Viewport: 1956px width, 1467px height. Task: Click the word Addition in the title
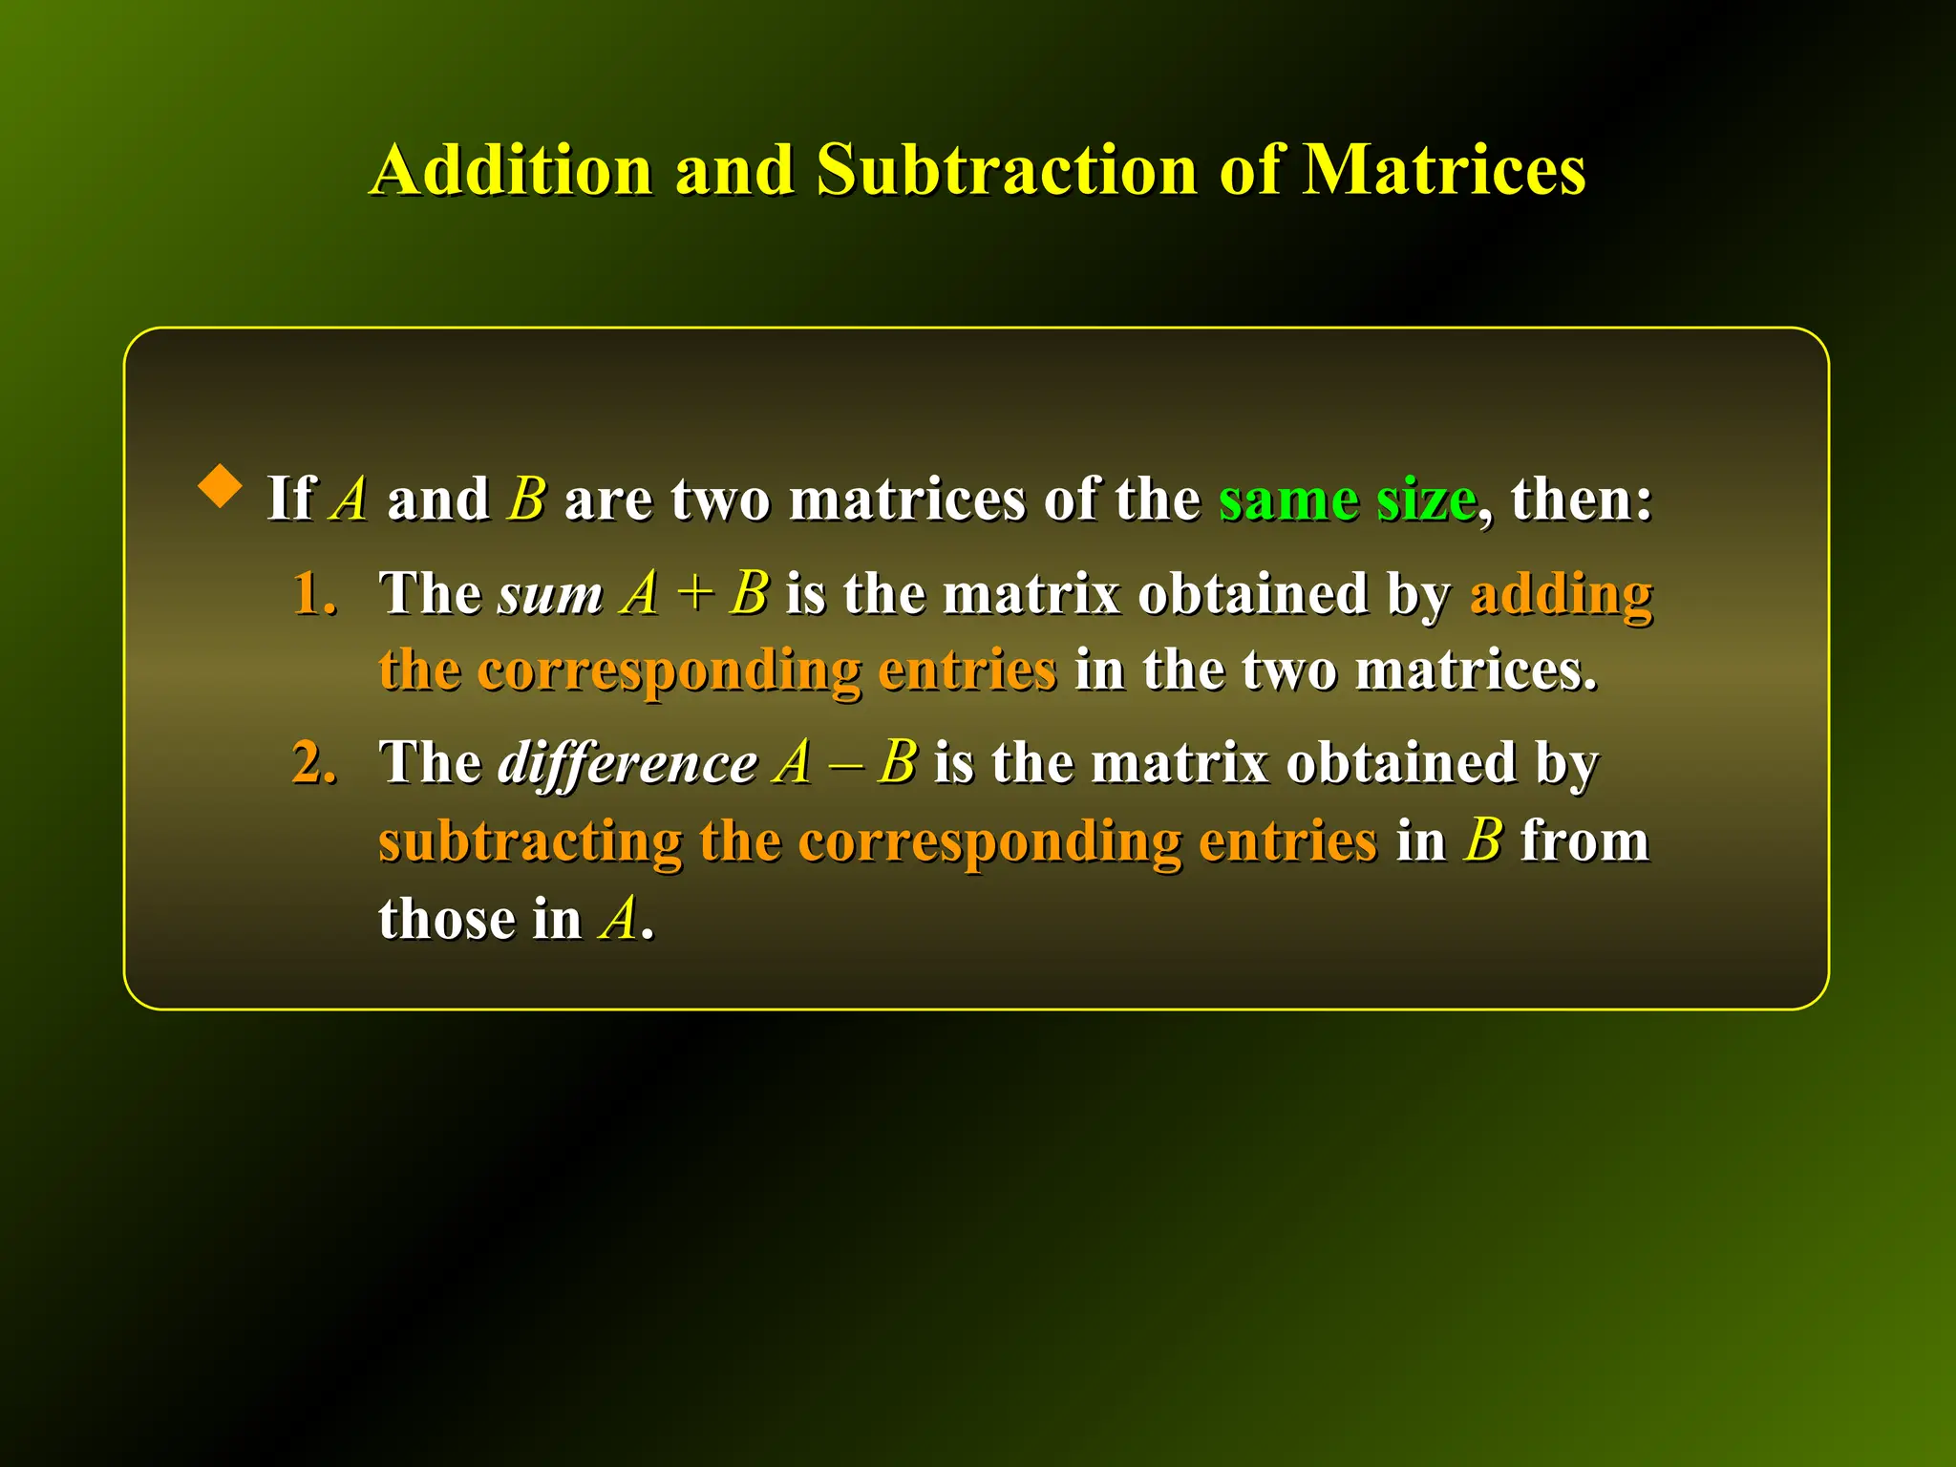coord(511,170)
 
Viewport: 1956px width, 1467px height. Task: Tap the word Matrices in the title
coord(1443,170)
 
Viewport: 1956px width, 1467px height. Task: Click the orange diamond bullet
coord(221,486)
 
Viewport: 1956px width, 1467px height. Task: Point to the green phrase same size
coord(1347,499)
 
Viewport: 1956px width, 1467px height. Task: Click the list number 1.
coord(314,593)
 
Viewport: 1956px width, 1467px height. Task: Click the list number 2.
coord(314,763)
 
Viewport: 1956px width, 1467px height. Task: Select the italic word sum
coord(549,595)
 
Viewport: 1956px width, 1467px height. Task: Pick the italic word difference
coord(627,763)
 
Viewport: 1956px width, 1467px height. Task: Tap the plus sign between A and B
coord(694,595)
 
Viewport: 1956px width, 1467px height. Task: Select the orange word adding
coord(1561,595)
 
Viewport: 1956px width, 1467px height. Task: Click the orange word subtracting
coord(530,841)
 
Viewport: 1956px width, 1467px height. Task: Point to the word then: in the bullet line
coord(1581,499)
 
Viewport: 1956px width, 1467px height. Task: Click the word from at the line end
coord(1584,841)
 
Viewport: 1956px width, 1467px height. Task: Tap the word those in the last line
coord(446,919)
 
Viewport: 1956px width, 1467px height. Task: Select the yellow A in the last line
coord(619,919)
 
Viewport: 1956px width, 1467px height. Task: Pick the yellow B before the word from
coord(1483,841)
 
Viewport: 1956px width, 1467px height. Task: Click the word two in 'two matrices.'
coord(1289,670)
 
